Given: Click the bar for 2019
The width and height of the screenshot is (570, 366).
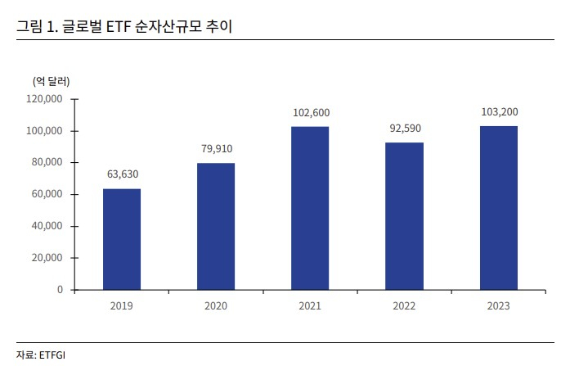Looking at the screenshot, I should click(122, 239).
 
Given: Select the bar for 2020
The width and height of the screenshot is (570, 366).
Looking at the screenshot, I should click(216, 226).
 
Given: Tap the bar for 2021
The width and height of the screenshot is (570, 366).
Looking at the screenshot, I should click(310, 208).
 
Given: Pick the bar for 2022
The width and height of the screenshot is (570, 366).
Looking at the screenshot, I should click(404, 216).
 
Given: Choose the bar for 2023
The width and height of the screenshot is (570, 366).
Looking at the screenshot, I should click(498, 207).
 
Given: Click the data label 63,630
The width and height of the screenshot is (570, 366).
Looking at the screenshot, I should click(122, 174).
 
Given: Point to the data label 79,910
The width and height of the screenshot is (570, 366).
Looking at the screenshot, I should click(216, 149).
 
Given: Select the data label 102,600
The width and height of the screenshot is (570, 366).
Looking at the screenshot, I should click(310, 113).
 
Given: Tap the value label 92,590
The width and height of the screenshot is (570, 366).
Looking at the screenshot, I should click(404, 129).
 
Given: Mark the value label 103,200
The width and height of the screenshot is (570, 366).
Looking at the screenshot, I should click(498, 112).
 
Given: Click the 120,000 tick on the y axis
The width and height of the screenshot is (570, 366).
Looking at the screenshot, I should click(45, 99).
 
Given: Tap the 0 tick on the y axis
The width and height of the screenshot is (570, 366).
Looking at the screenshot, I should click(60, 290).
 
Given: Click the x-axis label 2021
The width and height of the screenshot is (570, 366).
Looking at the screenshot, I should click(310, 305).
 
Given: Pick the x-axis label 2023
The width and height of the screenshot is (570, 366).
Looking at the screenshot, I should click(498, 305).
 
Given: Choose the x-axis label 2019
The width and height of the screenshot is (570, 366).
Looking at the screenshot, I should click(122, 305).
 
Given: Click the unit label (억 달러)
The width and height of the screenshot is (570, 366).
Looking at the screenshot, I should click(51, 81).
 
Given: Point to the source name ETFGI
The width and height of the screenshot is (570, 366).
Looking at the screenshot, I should click(56, 355).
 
